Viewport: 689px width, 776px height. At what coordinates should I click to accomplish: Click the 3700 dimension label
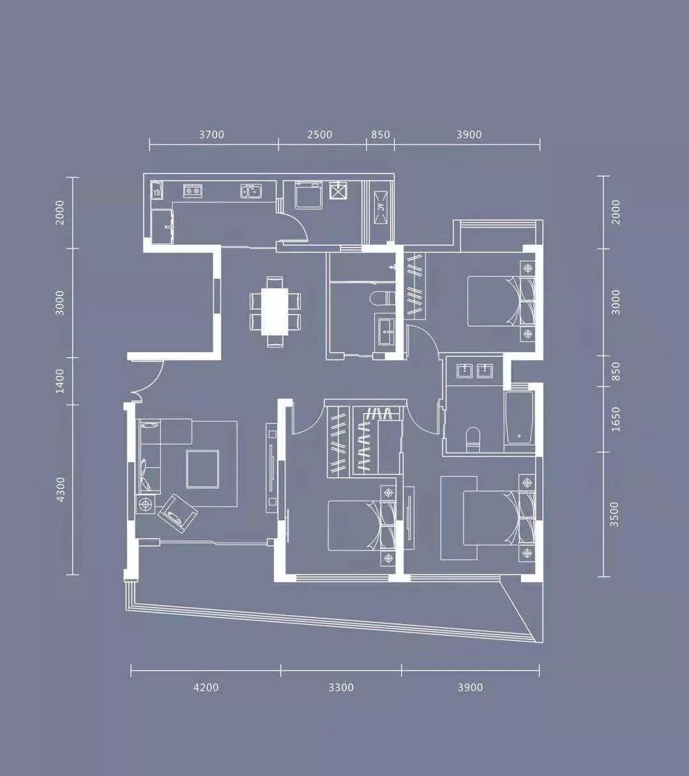pyautogui.click(x=211, y=135)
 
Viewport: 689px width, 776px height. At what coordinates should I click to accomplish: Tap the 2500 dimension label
pyautogui.click(x=319, y=135)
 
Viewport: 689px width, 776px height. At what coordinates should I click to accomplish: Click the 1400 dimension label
pyautogui.click(x=60, y=381)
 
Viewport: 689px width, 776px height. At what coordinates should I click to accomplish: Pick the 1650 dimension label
pyautogui.click(x=616, y=419)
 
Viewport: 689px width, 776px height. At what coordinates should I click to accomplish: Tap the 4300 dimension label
pyautogui.click(x=60, y=490)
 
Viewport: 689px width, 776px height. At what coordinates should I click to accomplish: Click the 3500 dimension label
pyautogui.click(x=614, y=514)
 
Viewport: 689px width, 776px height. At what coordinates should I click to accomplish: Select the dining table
pyautogui.click(x=275, y=312)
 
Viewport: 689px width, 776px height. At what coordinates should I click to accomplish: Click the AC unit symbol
pyautogui.click(x=381, y=207)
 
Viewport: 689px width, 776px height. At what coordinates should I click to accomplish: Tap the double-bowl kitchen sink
pyautogui.click(x=252, y=191)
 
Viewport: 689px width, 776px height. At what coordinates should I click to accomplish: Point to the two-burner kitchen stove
pyautogui.click(x=192, y=190)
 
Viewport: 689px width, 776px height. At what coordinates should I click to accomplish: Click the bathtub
pyautogui.click(x=519, y=417)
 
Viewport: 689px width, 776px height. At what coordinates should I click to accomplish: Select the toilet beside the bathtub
pyautogui.click(x=473, y=439)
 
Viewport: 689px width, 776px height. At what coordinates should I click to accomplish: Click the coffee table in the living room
pyautogui.click(x=202, y=469)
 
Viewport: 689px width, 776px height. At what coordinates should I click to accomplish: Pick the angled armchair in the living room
pyautogui.click(x=178, y=514)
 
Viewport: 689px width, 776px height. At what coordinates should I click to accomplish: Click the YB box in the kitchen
pyautogui.click(x=156, y=190)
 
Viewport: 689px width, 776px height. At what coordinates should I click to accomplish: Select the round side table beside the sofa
pyautogui.click(x=146, y=504)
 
